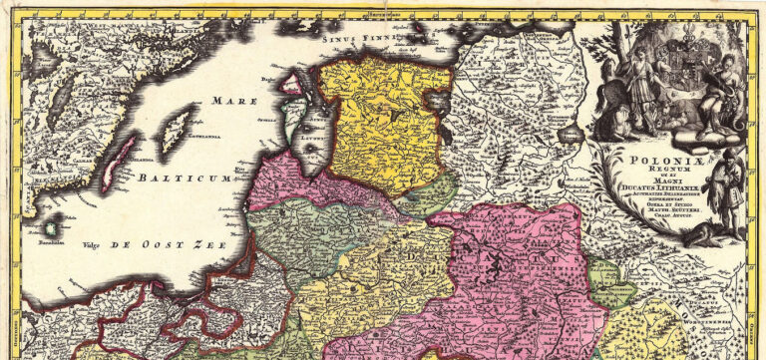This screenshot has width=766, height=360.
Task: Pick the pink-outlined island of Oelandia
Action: pyautogui.click(x=118, y=165)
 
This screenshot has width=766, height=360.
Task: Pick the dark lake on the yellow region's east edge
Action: pyautogui.click(x=438, y=100)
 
